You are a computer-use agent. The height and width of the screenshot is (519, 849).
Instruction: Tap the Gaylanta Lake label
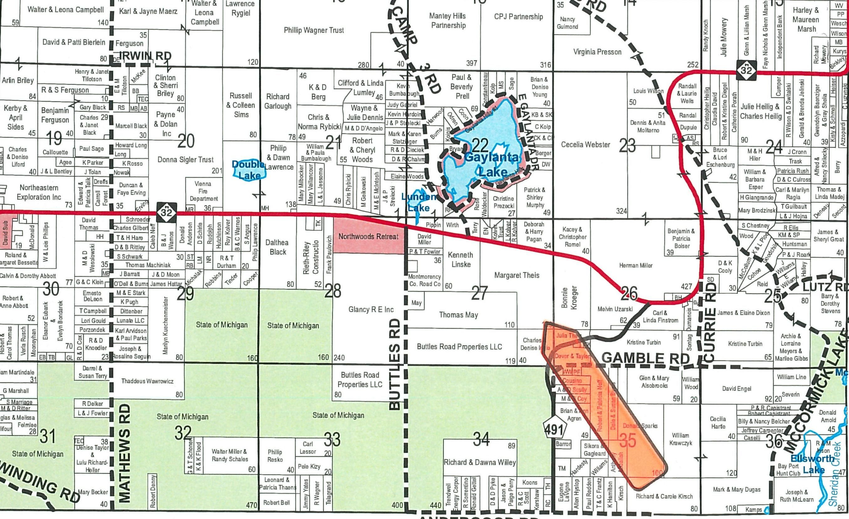pyautogui.click(x=491, y=165)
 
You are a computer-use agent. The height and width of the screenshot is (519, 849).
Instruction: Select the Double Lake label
pyautogui.click(x=249, y=170)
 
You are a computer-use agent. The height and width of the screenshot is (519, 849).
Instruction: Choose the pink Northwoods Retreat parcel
pyautogui.click(x=368, y=236)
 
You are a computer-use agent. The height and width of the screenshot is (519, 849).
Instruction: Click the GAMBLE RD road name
pyautogui.click(x=645, y=358)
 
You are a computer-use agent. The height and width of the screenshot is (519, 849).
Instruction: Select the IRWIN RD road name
pyautogui.click(x=145, y=56)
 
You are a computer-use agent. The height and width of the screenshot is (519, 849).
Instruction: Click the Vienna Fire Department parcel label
pyautogui.click(x=203, y=191)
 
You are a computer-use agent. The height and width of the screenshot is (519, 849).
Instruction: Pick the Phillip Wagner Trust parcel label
pyautogui.click(x=314, y=30)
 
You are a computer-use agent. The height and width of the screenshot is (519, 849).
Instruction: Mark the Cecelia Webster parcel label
pyautogui.click(x=586, y=144)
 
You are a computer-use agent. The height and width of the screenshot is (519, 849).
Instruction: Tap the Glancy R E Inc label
pyautogui.click(x=371, y=309)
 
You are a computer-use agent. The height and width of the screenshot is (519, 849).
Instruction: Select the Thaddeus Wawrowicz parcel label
pyautogui.click(x=147, y=381)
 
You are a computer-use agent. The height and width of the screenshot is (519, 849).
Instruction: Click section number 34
pyautogui.click(x=481, y=439)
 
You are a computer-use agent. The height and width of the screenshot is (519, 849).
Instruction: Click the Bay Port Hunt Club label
pyautogui.click(x=788, y=470)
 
